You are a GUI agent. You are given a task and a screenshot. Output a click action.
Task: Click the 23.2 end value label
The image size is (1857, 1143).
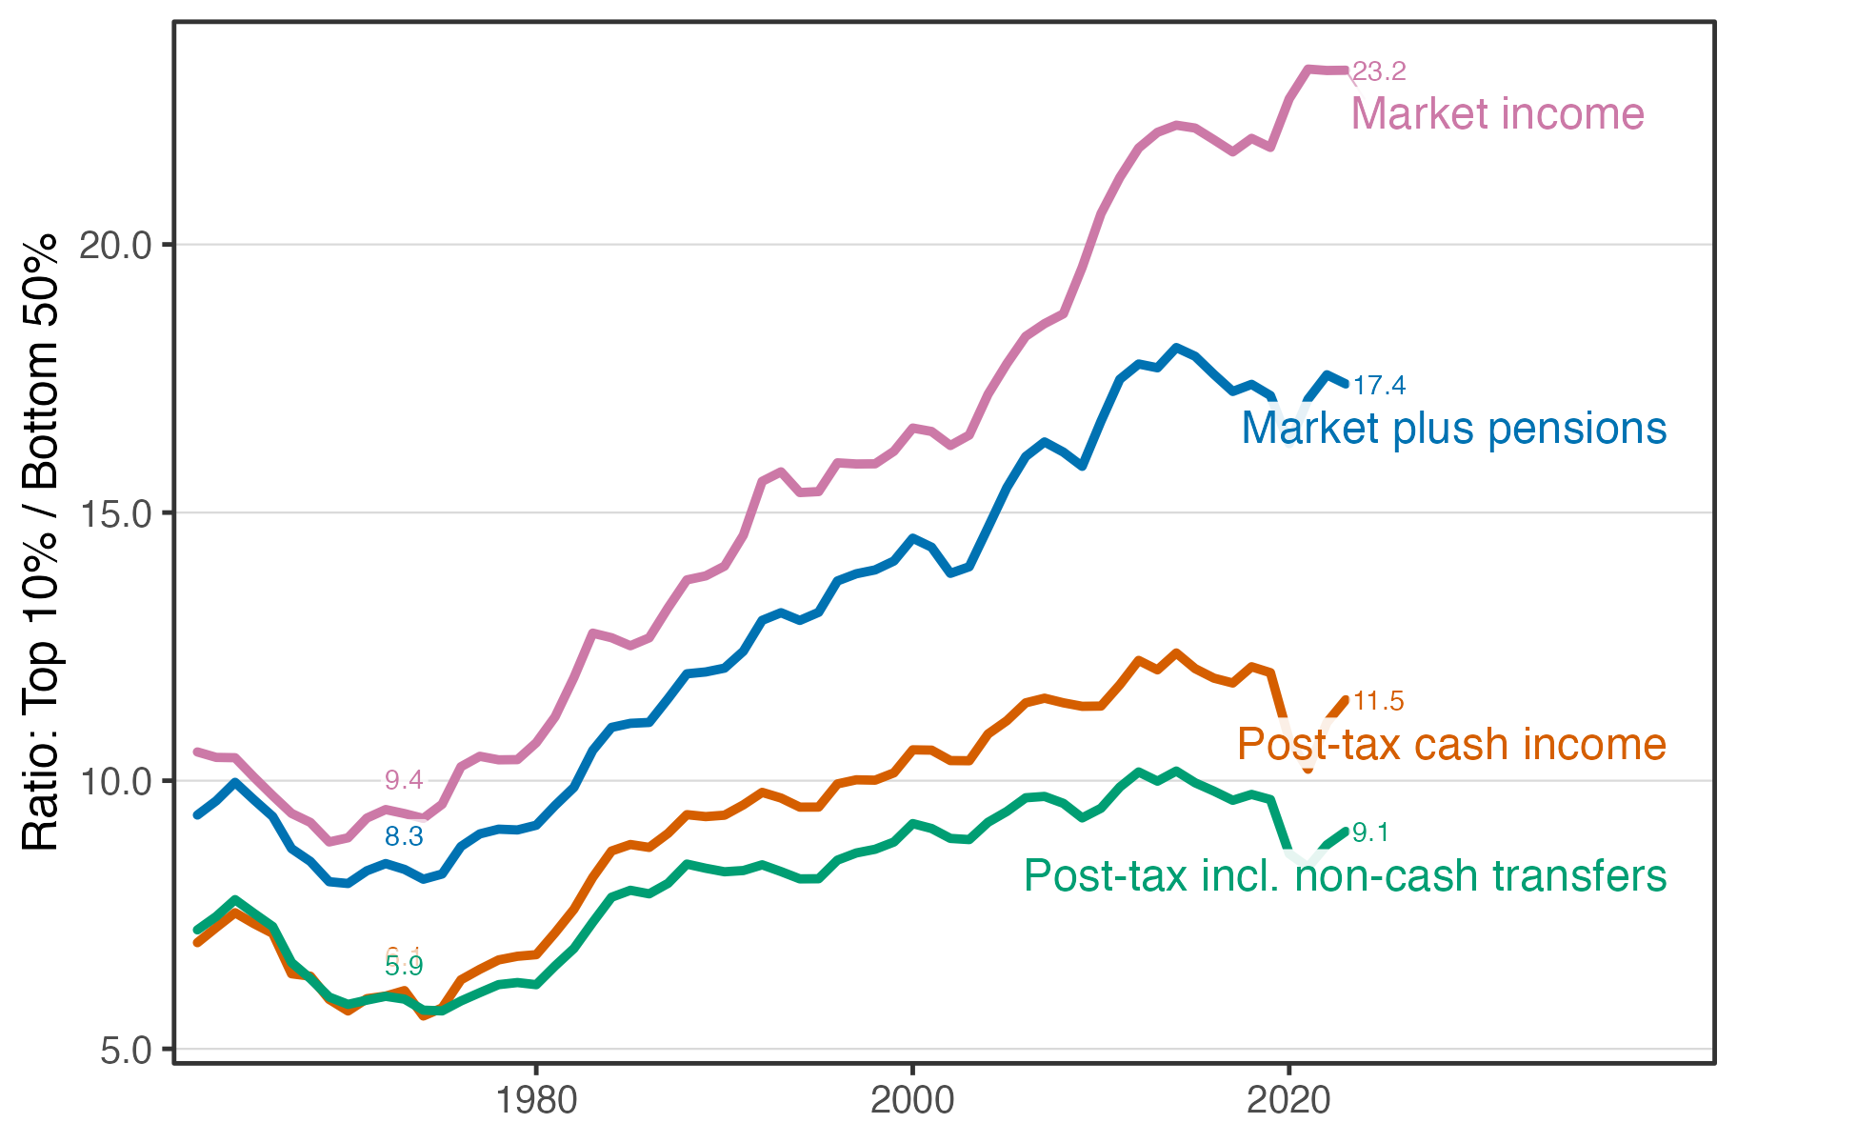point(1379,71)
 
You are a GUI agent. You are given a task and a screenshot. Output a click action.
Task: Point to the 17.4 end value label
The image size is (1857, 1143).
point(1379,386)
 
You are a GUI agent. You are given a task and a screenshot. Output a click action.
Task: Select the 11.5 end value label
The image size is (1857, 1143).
point(1378,701)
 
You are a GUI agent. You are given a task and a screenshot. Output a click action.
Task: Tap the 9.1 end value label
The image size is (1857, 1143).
point(1370,832)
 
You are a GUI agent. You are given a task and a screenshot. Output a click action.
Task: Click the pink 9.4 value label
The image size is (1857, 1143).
point(404,780)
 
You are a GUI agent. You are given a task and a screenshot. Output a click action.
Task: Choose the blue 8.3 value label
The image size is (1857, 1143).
point(404,836)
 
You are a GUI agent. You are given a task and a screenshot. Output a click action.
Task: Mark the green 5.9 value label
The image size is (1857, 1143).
point(404,967)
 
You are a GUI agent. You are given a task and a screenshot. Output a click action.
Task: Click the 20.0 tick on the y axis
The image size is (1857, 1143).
point(115,246)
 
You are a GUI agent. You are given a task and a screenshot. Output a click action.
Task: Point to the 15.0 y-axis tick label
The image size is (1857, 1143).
point(115,514)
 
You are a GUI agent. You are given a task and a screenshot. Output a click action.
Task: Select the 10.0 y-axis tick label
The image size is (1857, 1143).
point(115,782)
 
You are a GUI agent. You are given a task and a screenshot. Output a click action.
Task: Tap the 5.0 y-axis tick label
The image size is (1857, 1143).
point(126,1051)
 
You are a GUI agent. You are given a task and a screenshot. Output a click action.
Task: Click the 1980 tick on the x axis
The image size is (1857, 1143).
point(536,1101)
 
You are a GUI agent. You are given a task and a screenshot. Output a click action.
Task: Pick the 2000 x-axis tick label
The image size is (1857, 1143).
point(912,1101)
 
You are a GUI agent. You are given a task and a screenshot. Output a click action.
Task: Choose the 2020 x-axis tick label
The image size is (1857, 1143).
point(1288,1101)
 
